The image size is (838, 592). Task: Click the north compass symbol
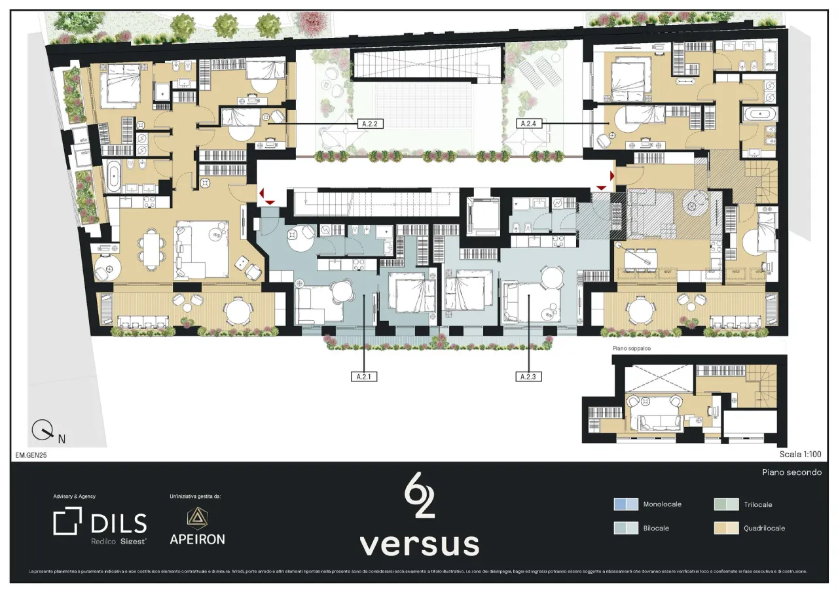tap(43, 430)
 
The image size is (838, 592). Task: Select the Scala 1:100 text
tap(800, 453)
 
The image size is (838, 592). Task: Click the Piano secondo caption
tap(791, 472)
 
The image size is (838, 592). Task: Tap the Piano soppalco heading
tap(632, 349)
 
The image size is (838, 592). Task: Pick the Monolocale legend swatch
tap(625, 504)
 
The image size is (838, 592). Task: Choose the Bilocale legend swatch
tap(625, 528)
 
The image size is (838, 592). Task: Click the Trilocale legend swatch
tap(726, 504)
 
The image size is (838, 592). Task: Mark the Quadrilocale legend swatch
tap(726, 528)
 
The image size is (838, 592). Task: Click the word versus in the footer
tap(419, 544)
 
